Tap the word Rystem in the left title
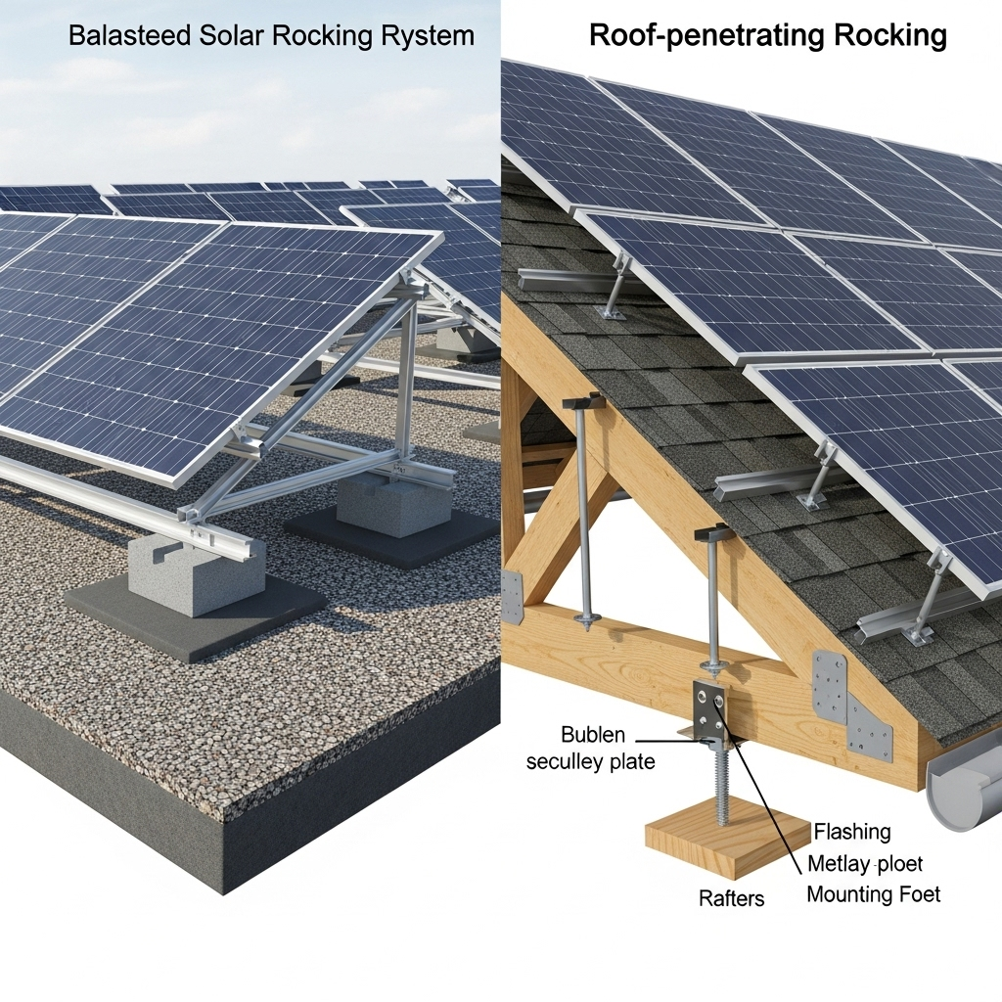[x=428, y=37]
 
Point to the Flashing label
[x=851, y=832]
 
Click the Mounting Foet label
[x=873, y=894]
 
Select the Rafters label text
[x=731, y=897]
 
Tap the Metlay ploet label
[x=865, y=863]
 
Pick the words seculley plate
[x=590, y=761]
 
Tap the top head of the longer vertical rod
[x=582, y=400]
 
